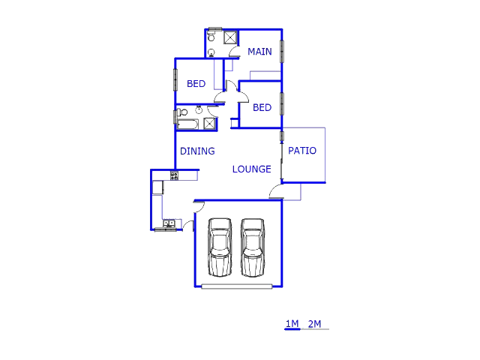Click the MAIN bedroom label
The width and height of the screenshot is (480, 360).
coord(259,52)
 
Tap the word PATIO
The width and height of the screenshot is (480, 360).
coord(302,151)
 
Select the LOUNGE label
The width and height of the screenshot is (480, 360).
coord(252,169)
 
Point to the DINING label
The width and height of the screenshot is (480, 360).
coord(197,151)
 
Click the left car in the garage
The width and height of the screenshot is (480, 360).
coord(220,247)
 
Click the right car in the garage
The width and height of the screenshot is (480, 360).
coord(253,247)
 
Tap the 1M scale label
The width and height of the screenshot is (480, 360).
coord(292,323)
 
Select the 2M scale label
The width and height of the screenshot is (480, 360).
coord(315,324)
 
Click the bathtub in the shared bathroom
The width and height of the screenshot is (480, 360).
coord(187,124)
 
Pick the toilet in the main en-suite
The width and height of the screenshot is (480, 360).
coord(211,37)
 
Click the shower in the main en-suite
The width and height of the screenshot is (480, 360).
coord(230,37)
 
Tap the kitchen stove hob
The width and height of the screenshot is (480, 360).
coord(174,175)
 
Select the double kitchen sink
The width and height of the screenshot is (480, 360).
coord(169,223)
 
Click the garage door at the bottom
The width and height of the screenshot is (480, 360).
coord(237,286)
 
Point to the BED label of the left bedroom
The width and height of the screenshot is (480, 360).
coord(196,83)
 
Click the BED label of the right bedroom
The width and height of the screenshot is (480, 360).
coord(262,107)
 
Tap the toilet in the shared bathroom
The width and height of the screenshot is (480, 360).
coord(182,112)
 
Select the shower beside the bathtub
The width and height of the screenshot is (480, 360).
coord(210,124)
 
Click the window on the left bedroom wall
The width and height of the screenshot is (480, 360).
coord(175,80)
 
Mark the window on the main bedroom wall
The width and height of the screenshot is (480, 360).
coord(282,52)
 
